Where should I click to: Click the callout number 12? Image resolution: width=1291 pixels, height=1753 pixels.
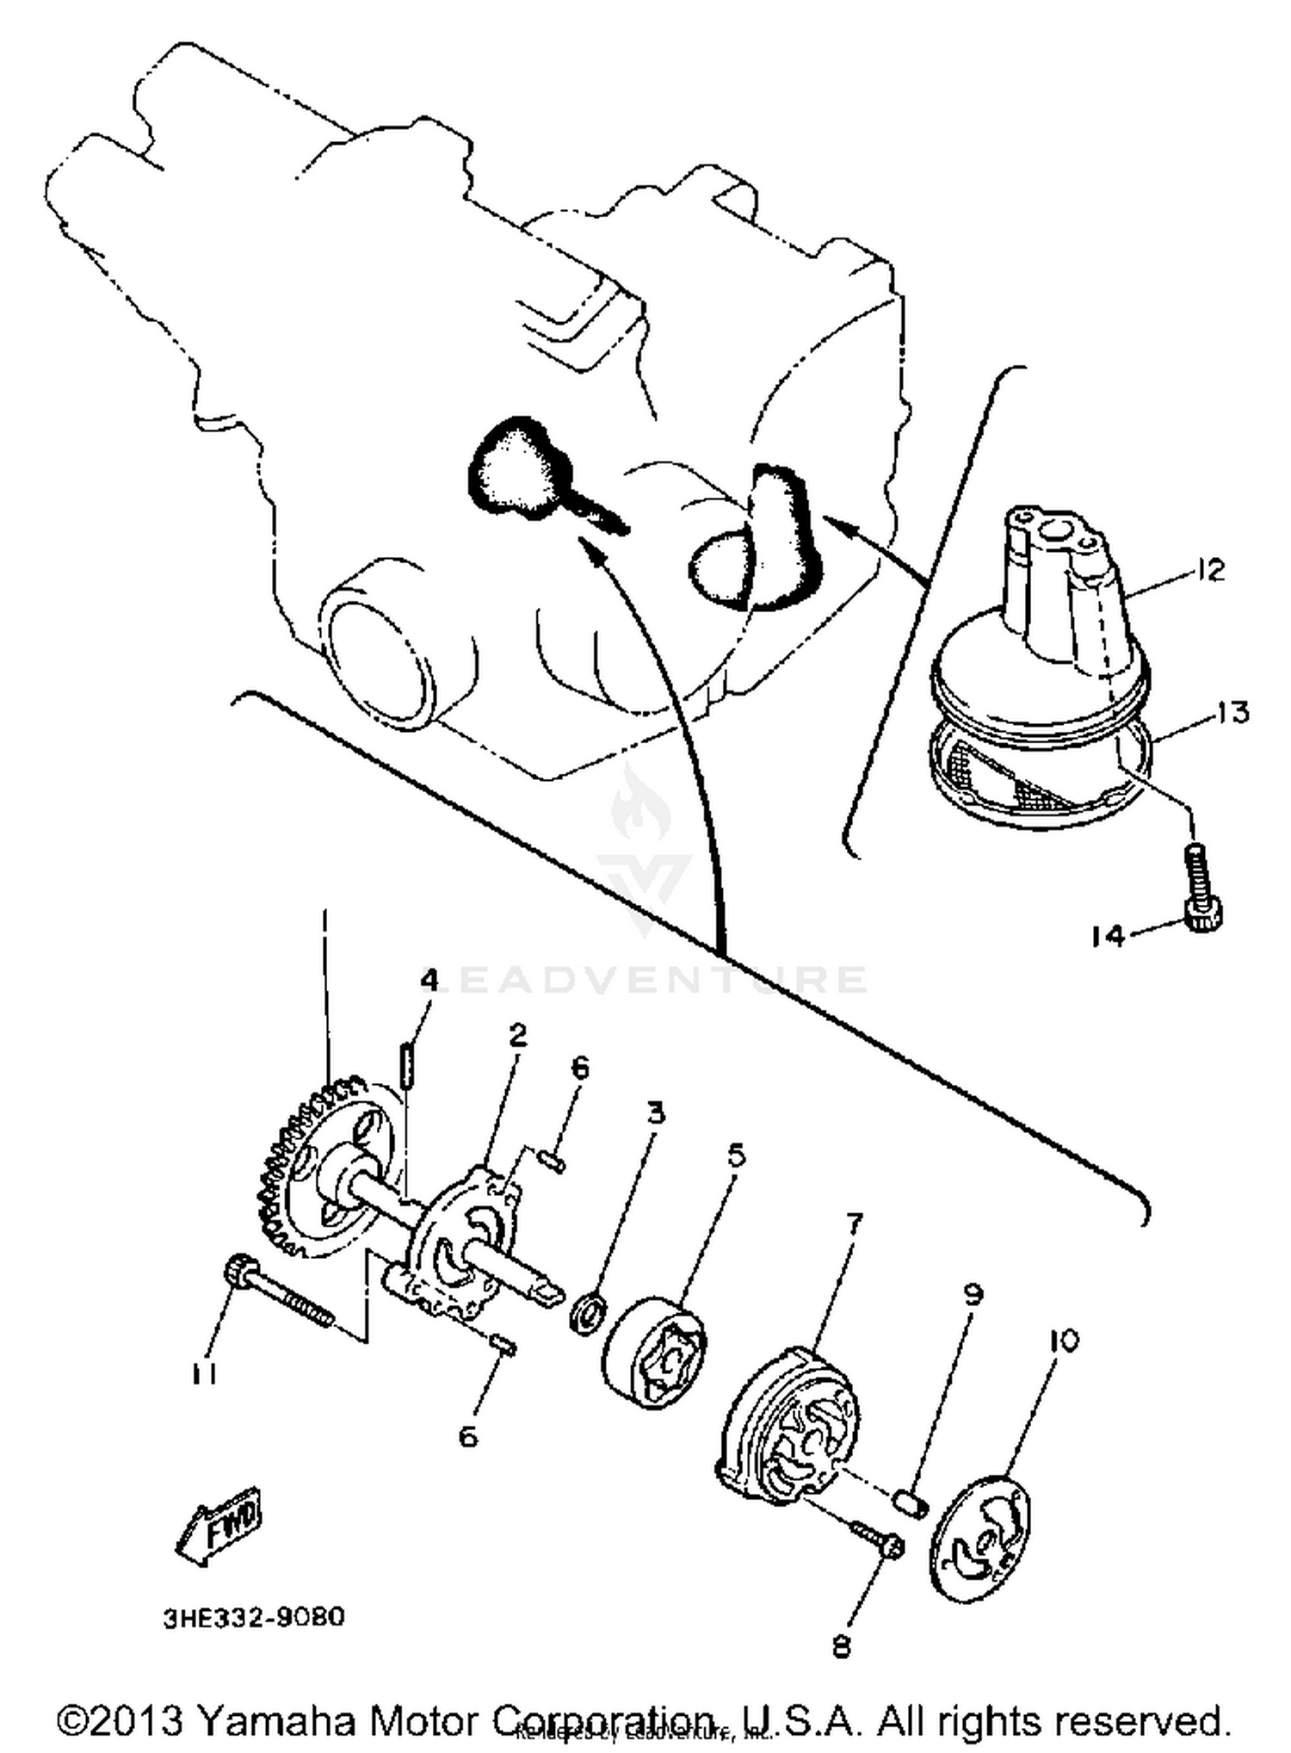(1209, 571)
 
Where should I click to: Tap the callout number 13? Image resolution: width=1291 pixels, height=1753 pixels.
(1232, 713)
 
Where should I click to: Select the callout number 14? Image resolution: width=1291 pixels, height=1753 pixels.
(1109, 936)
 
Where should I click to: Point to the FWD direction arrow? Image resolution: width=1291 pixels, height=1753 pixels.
(220, 1527)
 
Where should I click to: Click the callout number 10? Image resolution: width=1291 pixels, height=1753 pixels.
(1065, 1341)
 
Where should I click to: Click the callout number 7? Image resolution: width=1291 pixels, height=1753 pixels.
(853, 1223)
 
